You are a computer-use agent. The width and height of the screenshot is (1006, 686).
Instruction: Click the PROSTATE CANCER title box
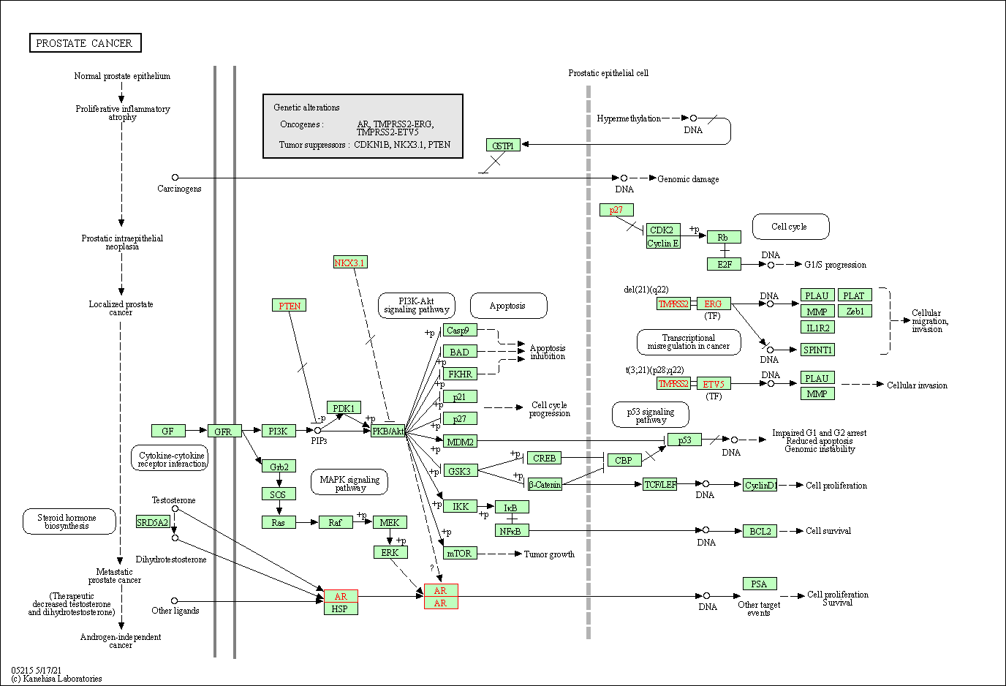[85, 43]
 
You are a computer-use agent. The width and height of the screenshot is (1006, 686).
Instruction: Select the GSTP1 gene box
[503, 146]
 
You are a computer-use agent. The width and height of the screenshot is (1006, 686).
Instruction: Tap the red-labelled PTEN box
[289, 306]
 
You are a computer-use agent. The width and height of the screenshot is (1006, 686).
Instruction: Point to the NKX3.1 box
[350, 263]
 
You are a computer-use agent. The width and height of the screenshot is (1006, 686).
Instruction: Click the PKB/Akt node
[388, 431]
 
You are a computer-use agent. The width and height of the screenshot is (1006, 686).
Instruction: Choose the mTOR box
[460, 553]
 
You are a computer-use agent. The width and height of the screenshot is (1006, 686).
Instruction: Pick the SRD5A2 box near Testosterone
[153, 522]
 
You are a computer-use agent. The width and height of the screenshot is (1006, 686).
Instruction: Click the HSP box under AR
[341, 608]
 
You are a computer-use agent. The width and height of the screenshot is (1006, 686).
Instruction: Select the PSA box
[760, 584]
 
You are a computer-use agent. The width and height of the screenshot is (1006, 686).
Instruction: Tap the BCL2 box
[760, 531]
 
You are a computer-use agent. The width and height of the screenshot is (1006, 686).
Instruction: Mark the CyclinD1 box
[760, 485]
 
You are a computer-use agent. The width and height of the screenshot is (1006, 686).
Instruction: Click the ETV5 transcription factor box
[714, 384]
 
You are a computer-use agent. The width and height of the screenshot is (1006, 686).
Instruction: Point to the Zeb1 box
[855, 312]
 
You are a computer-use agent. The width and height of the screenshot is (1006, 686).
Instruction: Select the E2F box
[725, 264]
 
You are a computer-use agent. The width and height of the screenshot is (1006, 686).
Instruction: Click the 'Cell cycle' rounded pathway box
[790, 227]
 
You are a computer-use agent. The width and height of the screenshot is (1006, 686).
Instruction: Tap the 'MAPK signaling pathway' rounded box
[349, 483]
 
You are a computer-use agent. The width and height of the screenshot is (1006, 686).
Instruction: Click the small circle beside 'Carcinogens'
[175, 177]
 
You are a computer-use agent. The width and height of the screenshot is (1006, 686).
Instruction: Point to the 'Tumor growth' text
[549, 554]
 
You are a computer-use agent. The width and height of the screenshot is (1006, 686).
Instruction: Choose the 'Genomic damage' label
[688, 179]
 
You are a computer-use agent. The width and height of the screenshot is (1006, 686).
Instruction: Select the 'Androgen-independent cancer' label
[121, 641]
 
